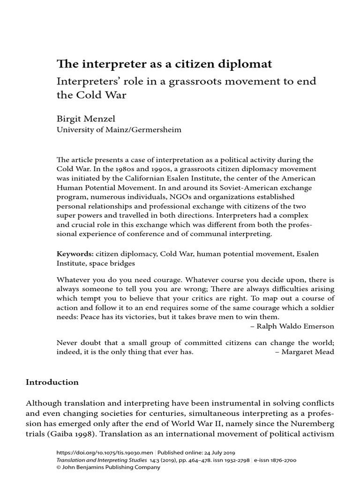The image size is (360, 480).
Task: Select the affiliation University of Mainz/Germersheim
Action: [119, 130]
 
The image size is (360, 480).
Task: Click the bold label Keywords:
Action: [75, 254]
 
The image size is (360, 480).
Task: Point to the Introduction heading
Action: [52, 382]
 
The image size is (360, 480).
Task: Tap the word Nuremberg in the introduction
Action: [311, 423]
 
